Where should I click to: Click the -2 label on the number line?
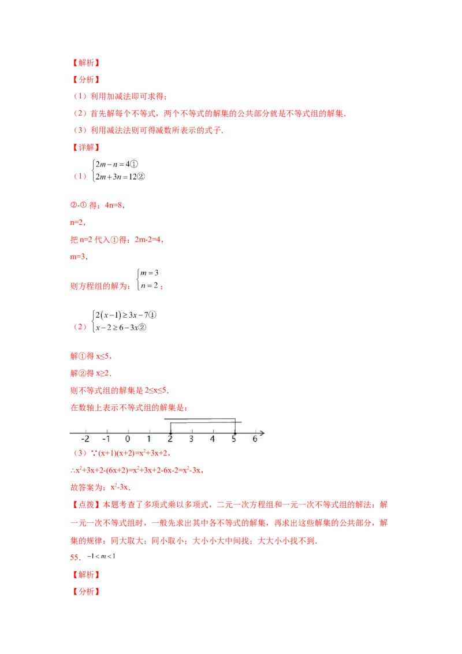[86, 439]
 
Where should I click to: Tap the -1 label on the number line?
[107, 439]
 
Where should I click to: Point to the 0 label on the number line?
[128, 439]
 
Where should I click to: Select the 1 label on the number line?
[149, 439]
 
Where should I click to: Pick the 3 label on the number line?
[192, 439]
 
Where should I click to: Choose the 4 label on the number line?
[213, 439]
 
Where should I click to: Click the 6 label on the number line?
[255, 439]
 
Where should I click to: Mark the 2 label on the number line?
[170, 439]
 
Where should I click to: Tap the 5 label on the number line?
[234, 439]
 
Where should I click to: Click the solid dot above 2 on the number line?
[170, 432]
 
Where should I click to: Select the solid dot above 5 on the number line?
[234, 432]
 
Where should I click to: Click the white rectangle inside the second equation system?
[130, 321]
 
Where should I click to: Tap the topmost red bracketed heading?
[85, 62]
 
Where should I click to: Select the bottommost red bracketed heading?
[85, 592]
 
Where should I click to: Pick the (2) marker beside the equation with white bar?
[80, 327]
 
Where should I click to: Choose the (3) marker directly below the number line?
[80, 453]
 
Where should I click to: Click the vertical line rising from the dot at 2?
[170, 427]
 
